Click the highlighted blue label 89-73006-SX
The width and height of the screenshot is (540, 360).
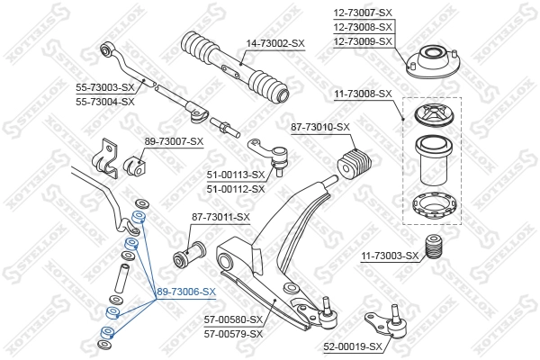coord(186,292)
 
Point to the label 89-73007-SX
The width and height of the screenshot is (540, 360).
coord(174,141)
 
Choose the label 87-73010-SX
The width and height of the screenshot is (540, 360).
coord(319,128)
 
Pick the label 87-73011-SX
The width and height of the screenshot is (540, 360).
coord(220,217)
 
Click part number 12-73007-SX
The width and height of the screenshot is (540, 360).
coord(363,13)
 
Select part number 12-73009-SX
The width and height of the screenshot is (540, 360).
coord(363,41)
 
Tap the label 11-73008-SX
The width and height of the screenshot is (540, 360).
coord(363,94)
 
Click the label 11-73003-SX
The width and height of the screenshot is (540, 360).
coord(390,256)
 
